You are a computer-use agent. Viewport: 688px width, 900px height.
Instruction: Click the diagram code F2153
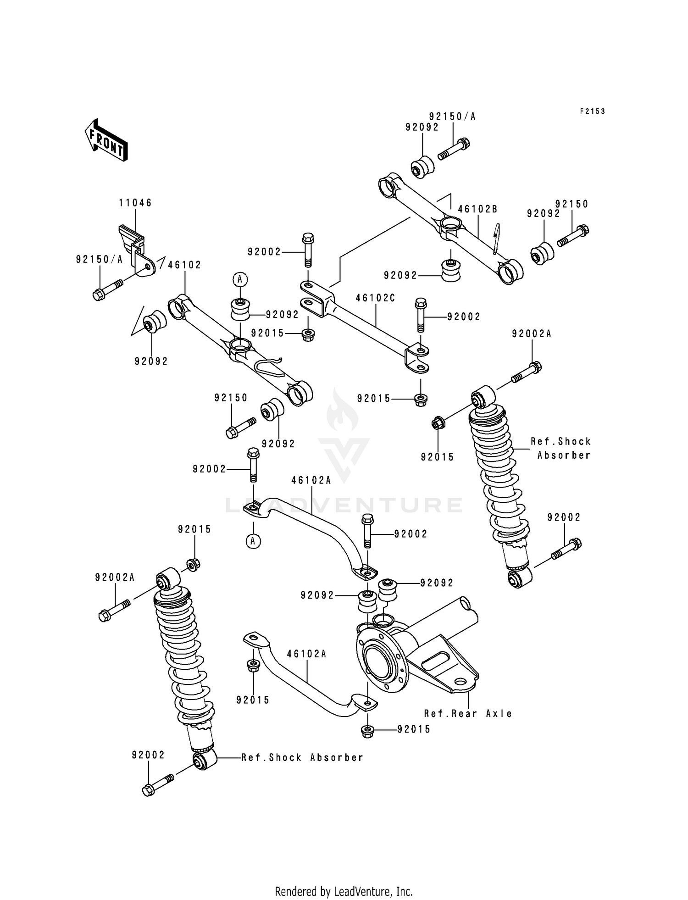[592, 111]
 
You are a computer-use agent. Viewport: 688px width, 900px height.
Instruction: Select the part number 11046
[135, 203]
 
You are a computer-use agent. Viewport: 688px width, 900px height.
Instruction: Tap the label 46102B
[477, 209]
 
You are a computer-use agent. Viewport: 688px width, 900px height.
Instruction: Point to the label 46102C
[375, 298]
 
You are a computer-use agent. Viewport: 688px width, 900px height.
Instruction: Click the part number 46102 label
[184, 265]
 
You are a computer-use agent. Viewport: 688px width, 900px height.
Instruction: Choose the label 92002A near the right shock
[532, 334]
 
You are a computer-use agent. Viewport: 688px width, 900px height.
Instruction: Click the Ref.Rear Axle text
[468, 714]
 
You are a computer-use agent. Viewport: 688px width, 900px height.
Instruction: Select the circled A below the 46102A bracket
[253, 541]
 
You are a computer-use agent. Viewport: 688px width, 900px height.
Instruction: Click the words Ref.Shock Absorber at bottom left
[302, 758]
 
